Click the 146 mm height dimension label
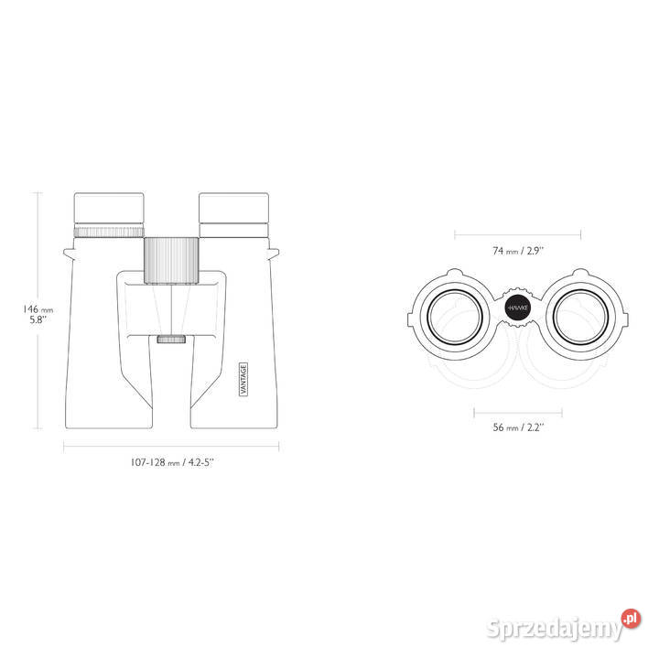tap(38, 314)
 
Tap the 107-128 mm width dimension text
tap(172, 462)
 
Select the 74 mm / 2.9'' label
tap(518, 251)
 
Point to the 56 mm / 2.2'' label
tap(518, 427)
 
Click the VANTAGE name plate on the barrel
tap(243, 379)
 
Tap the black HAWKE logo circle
tap(518, 308)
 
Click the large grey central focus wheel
tap(171, 261)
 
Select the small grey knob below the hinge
tap(171, 339)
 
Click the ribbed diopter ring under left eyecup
tap(109, 232)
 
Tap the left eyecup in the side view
tap(109, 209)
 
